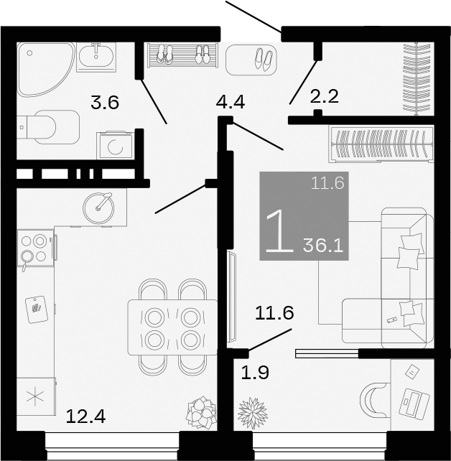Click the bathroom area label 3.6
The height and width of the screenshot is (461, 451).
pyautogui.click(x=104, y=103)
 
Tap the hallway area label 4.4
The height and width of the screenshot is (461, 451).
pyautogui.click(x=231, y=102)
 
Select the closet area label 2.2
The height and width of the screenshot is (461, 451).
pyautogui.click(x=323, y=96)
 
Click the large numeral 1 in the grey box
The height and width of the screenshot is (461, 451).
pyautogui.click(x=279, y=231)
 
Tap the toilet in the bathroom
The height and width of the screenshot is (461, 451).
pyautogui.click(x=50, y=126)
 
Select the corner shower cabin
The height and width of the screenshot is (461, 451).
pyautogui.click(x=43, y=69)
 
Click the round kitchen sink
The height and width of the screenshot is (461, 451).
pyautogui.click(x=98, y=207)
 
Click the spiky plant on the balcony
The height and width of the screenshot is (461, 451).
pyautogui.click(x=252, y=413)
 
